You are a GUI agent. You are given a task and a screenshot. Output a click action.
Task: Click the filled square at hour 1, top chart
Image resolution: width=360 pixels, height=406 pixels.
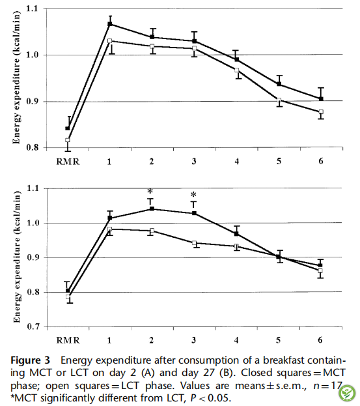click(109, 24)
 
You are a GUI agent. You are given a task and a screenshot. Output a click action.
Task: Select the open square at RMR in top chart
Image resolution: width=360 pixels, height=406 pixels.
click(68, 140)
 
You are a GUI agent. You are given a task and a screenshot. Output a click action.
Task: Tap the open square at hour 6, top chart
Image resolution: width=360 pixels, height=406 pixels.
click(321, 112)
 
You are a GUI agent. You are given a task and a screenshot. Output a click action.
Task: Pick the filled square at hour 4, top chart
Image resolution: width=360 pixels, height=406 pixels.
click(237, 59)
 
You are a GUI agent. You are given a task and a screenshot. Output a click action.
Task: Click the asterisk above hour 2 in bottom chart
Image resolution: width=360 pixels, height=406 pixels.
click(150, 192)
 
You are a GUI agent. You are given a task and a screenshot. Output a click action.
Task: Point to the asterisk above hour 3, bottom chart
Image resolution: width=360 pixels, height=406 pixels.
click(193, 194)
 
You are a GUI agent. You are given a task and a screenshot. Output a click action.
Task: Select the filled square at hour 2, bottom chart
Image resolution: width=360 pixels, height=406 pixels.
click(152, 209)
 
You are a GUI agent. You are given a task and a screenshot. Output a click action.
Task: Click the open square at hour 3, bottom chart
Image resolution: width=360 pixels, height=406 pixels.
click(194, 243)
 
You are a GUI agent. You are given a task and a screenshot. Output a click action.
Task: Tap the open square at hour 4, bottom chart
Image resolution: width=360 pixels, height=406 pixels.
click(236, 246)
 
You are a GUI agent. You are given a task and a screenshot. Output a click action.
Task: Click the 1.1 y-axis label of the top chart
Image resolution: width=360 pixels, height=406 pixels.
click(32, 8)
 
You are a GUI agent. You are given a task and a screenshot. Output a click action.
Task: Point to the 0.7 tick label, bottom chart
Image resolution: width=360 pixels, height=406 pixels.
click(33, 326)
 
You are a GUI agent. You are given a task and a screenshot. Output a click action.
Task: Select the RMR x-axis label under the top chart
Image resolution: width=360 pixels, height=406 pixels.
click(68, 162)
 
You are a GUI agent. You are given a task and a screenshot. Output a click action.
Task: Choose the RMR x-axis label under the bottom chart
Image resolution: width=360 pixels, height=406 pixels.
click(68, 340)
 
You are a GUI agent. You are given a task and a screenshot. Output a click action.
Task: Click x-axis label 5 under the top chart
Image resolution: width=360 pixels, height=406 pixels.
click(279, 162)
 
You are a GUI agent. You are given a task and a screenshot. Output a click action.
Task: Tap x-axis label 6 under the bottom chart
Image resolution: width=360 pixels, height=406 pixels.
click(320, 340)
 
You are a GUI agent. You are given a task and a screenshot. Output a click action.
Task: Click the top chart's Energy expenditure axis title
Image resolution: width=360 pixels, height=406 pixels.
click(16, 78)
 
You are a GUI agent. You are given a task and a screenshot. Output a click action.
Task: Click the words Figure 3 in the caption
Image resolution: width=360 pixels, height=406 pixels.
click(30, 360)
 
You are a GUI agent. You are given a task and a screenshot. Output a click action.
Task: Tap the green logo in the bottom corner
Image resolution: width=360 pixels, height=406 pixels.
click(346, 393)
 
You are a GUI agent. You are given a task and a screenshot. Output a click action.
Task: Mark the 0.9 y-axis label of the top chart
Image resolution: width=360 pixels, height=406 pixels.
click(32, 101)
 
